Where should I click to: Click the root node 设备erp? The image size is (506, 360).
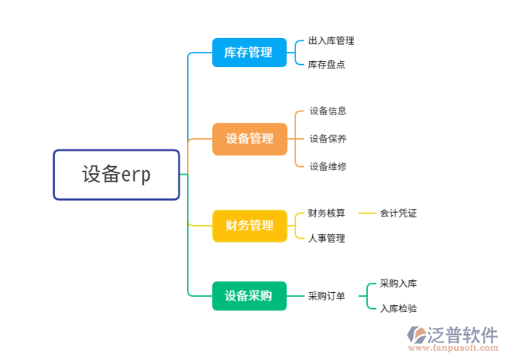tap(116, 175)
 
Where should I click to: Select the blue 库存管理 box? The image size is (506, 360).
tap(249, 53)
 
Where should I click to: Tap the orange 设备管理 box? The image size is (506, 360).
tap(250, 139)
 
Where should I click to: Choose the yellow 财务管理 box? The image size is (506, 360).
tap(250, 226)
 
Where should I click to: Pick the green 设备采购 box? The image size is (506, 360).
tap(249, 296)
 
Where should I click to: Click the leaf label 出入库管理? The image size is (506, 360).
tap(331, 40)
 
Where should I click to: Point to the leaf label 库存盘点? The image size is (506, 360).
tap(327, 65)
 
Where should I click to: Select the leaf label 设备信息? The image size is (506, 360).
tap(327, 111)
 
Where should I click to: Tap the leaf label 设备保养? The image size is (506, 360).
tap(327, 139)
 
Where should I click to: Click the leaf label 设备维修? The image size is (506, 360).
tap(327, 166)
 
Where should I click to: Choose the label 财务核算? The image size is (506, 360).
tap(327, 214)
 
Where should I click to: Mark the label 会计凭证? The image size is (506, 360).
tap(398, 214)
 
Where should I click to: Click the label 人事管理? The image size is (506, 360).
tap(327, 238)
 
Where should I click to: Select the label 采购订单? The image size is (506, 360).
tap(327, 296)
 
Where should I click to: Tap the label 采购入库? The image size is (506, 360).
tap(398, 284)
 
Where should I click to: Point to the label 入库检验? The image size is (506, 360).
tap(398, 308)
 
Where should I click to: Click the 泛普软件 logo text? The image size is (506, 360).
tap(465, 334)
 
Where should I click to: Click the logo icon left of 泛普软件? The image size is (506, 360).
tap(419, 336)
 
